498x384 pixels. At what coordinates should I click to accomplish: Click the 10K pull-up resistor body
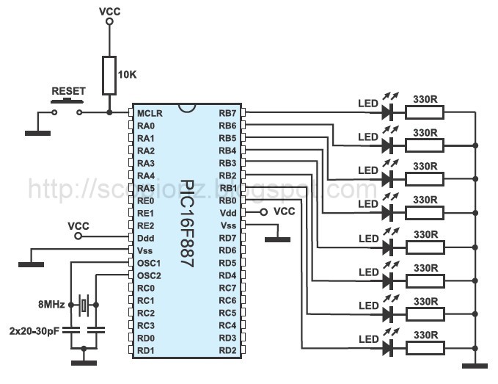pyautogui.click(x=109, y=75)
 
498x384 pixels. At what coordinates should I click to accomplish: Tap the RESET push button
pyautogui.click(x=68, y=104)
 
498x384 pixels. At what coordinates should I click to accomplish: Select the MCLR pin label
pyautogui.click(x=150, y=113)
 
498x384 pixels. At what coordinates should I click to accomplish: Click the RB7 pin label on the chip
pyautogui.click(x=227, y=113)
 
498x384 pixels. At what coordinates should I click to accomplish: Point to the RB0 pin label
pyautogui.click(x=227, y=200)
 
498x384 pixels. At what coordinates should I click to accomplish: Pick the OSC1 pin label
pyautogui.click(x=149, y=263)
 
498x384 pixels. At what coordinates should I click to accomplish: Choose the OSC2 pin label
pyautogui.click(x=149, y=275)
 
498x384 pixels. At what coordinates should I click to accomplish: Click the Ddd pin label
pyautogui.click(x=145, y=238)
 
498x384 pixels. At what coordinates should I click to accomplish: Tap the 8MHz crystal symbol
pyautogui.click(x=84, y=304)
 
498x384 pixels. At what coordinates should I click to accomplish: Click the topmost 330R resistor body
pyautogui.click(x=425, y=112)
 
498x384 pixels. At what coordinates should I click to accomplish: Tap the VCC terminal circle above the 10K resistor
pyautogui.click(x=109, y=22)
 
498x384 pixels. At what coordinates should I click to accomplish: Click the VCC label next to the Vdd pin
pyautogui.click(x=283, y=211)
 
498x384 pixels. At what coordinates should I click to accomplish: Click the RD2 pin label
pyautogui.click(x=227, y=349)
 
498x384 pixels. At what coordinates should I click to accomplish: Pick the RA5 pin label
pyautogui.click(x=146, y=188)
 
